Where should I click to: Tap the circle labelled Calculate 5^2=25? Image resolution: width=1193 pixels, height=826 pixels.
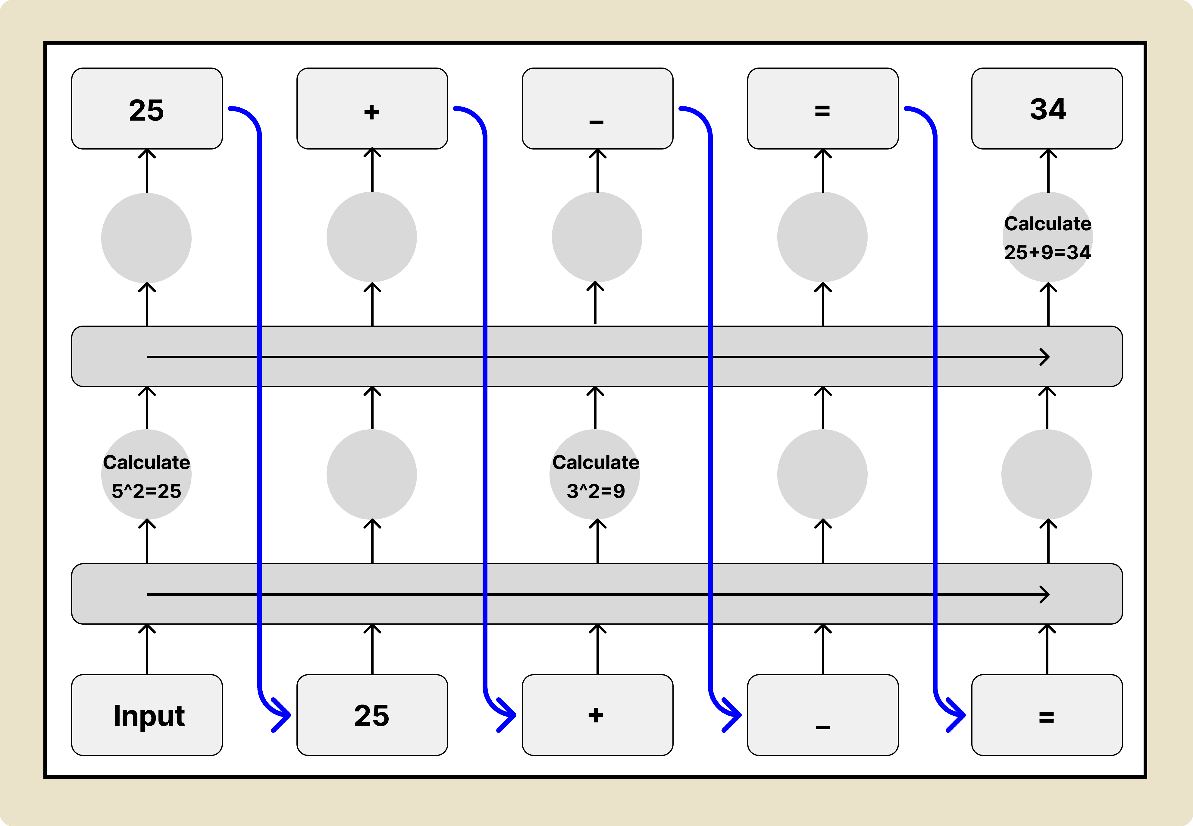click(146, 474)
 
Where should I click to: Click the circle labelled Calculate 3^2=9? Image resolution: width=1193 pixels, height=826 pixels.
click(595, 474)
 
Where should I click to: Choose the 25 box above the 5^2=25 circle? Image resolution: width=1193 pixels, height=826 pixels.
click(147, 109)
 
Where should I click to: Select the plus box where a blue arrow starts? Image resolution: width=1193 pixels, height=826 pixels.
click(372, 109)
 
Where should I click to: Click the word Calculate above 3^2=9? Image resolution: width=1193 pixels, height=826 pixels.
click(596, 462)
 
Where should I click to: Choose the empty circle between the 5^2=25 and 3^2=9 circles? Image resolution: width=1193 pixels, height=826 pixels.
click(372, 474)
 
